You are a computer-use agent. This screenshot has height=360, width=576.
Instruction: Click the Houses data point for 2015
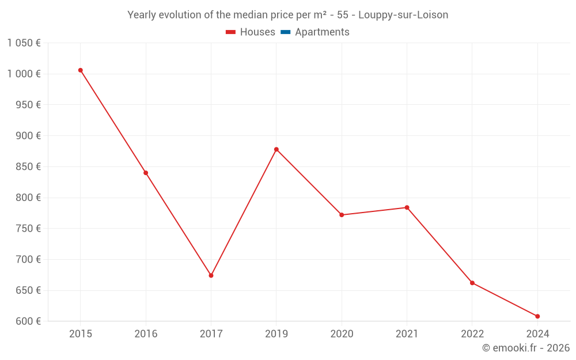[81, 70]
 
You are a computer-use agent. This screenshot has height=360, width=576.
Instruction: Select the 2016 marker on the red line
[146, 173]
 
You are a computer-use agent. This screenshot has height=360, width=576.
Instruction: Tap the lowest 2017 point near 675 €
[211, 275]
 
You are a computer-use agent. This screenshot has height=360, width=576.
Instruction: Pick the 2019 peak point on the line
[276, 149]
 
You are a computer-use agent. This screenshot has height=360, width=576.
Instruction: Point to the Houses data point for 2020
[342, 215]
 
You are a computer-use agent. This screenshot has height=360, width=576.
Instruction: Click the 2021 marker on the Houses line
[407, 207]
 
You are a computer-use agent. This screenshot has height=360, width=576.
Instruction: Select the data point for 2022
[472, 283]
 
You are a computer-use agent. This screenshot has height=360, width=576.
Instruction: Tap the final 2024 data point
[537, 316]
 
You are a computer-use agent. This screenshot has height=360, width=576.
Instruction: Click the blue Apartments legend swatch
[285, 32]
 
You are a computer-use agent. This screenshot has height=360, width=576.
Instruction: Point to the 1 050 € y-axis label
[24, 43]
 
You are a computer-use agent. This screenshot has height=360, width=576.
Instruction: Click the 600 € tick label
[28, 321]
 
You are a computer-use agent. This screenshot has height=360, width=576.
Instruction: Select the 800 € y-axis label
[28, 198]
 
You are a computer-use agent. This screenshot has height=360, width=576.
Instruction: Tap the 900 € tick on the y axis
[28, 136]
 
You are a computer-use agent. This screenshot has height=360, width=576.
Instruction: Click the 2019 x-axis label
[276, 334]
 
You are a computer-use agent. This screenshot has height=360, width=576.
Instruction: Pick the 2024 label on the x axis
[537, 334]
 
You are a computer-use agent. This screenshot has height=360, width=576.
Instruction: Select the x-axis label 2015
[81, 334]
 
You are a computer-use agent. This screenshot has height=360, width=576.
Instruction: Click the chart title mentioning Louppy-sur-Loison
[288, 15]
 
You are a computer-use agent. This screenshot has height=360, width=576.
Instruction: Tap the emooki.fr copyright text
[526, 348]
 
